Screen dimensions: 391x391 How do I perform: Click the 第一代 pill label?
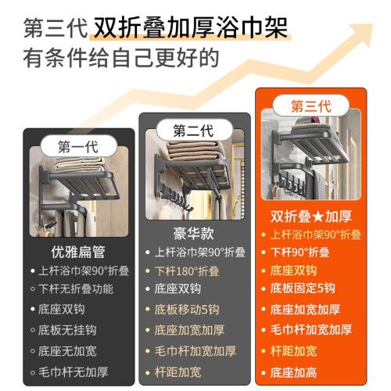click(78, 146)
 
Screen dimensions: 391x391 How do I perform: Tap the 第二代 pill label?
click(194, 131)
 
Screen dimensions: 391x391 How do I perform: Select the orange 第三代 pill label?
click(310, 106)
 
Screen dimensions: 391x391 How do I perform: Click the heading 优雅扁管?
click(78, 252)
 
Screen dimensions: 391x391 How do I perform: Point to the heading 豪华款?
click(194, 233)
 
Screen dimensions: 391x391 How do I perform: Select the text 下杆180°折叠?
click(187, 271)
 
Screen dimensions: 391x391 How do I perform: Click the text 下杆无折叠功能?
click(76, 289)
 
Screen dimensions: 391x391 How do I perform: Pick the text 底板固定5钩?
click(303, 289)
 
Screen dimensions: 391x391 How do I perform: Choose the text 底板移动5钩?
click(187, 310)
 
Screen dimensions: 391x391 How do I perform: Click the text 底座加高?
click(293, 372)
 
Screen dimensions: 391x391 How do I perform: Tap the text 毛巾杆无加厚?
click(74, 372)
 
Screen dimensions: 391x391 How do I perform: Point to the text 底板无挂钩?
click(67, 330)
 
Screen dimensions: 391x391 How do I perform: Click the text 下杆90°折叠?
click(300, 253)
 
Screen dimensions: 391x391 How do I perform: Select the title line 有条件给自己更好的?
click(121, 58)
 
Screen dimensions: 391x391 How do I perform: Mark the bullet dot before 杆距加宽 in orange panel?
click(264, 351)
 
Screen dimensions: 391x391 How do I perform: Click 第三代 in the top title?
click(56, 28)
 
